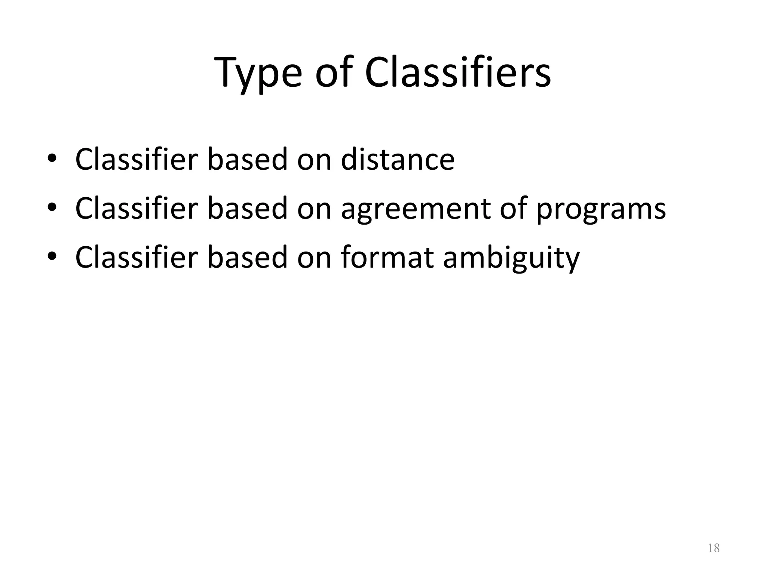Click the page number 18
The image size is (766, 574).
[x=714, y=548]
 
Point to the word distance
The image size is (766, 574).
[x=398, y=160]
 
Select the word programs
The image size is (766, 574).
[x=601, y=209]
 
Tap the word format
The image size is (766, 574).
[x=387, y=257]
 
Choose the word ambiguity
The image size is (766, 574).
[x=511, y=258]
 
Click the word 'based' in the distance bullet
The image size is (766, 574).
[x=247, y=160]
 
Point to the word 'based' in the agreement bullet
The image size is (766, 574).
[x=247, y=208]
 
